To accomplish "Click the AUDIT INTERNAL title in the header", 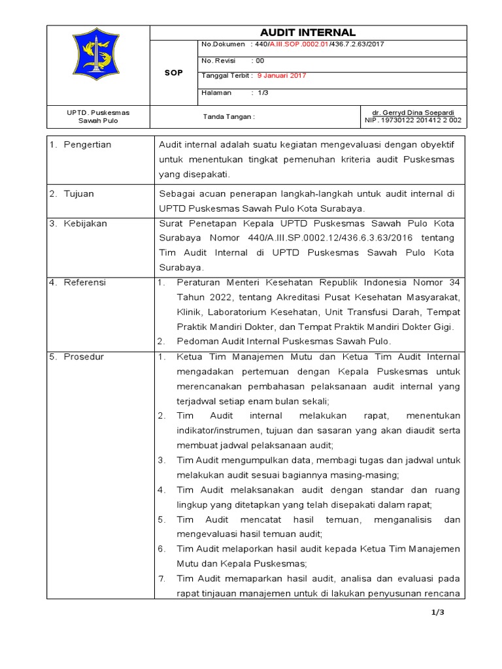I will point(308,33).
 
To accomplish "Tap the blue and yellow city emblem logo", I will point(99,64).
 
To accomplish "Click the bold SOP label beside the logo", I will point(173,73).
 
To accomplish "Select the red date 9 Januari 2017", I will point(281,76).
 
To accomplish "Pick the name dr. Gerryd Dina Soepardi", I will point(413,112).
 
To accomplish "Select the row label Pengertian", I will point(87,144).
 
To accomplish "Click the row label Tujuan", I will point(80,194).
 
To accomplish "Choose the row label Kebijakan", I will point(85,223).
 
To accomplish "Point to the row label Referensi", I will point(84,283).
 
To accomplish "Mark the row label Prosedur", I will point(84,357).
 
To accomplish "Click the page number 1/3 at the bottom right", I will point(437,612).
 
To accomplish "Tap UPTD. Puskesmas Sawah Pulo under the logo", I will point(99,116).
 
